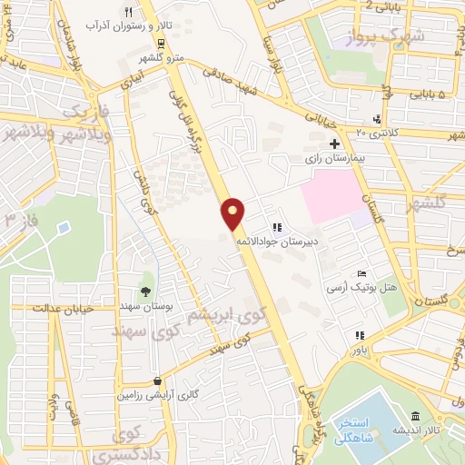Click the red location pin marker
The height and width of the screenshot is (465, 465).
[x=233, y=213]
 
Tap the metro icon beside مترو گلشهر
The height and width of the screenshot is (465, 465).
[x=161, y=43]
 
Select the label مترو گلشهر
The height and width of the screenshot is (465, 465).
[x=163, y=58]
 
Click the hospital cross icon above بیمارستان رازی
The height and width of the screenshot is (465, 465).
[x=335, y=143]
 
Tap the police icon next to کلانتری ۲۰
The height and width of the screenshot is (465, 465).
[x=377, y=119]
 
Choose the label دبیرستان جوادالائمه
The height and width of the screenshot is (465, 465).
[x=273, y=242]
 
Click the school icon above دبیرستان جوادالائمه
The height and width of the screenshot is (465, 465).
[x=276, y=227]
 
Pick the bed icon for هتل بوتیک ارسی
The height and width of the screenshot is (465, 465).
[x=361, y=273]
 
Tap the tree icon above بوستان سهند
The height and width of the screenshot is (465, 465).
[x=145, y=292]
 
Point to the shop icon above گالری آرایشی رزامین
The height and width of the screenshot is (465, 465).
[x=159, y=381]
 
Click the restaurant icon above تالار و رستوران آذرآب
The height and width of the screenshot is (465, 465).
[x=128, y=12]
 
